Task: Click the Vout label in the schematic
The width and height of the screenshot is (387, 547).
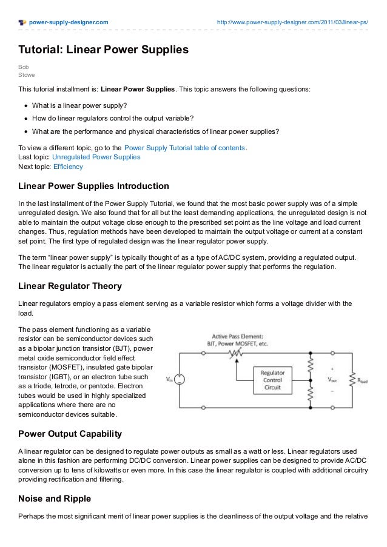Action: [332, 380]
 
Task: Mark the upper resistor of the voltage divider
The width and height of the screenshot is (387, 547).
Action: [310, 365]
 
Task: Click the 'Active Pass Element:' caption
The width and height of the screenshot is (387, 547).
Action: [237, 336]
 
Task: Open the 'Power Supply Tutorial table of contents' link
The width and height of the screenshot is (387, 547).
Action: [184, 147]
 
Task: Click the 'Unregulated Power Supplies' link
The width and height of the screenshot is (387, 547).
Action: [96, 157]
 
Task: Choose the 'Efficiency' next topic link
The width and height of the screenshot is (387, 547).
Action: [68, 167]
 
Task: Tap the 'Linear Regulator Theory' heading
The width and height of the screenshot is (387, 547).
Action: [70, 286]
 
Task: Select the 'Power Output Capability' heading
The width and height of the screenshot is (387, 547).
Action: [70, 434]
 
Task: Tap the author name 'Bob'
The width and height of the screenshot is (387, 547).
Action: [23, 67]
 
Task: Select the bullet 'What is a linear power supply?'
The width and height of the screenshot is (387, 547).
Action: [79, 105]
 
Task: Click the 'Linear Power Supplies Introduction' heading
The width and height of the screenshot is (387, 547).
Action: [93, 185]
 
